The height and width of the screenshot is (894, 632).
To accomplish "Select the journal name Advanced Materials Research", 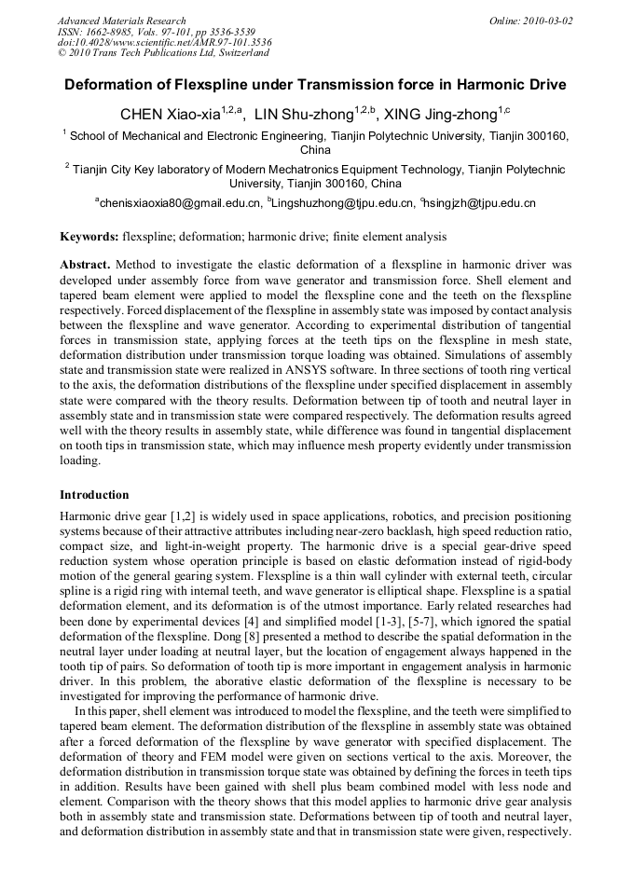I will click(x=121, y=21).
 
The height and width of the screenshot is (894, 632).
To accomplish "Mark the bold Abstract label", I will click(x=85, y=265).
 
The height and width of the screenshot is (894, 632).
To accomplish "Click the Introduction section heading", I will click(x=94, y=495).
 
